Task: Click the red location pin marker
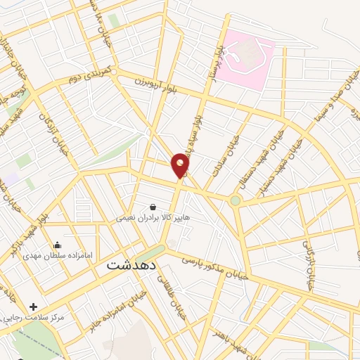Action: click(181, 165)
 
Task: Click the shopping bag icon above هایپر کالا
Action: click(153, 207)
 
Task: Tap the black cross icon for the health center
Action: click(34, 307)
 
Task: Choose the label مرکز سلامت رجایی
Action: click(32, 318)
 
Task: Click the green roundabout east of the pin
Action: click(236, 200)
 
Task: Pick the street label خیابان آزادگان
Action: click(53, 130)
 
